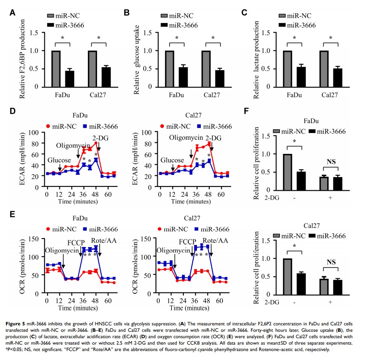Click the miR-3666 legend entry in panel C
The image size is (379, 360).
point(301,25)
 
